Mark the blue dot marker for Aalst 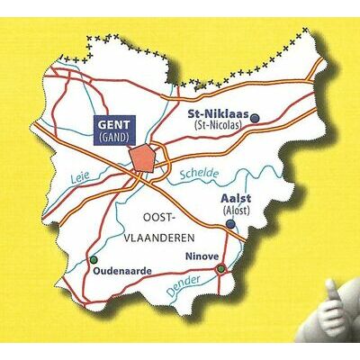pos(231,223)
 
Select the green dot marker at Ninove pos(220,268)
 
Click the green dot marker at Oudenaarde pos(92,260)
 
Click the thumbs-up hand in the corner pos(337,301)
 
